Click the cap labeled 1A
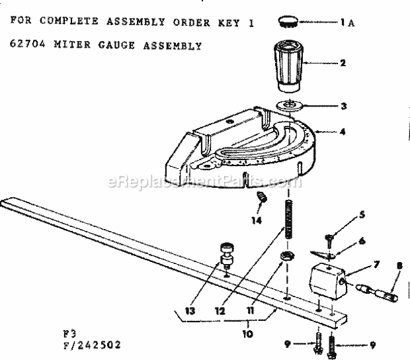click(287, 22)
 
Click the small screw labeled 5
click(329, 232)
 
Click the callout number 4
click(343, 132)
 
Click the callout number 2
click(343, 64)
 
